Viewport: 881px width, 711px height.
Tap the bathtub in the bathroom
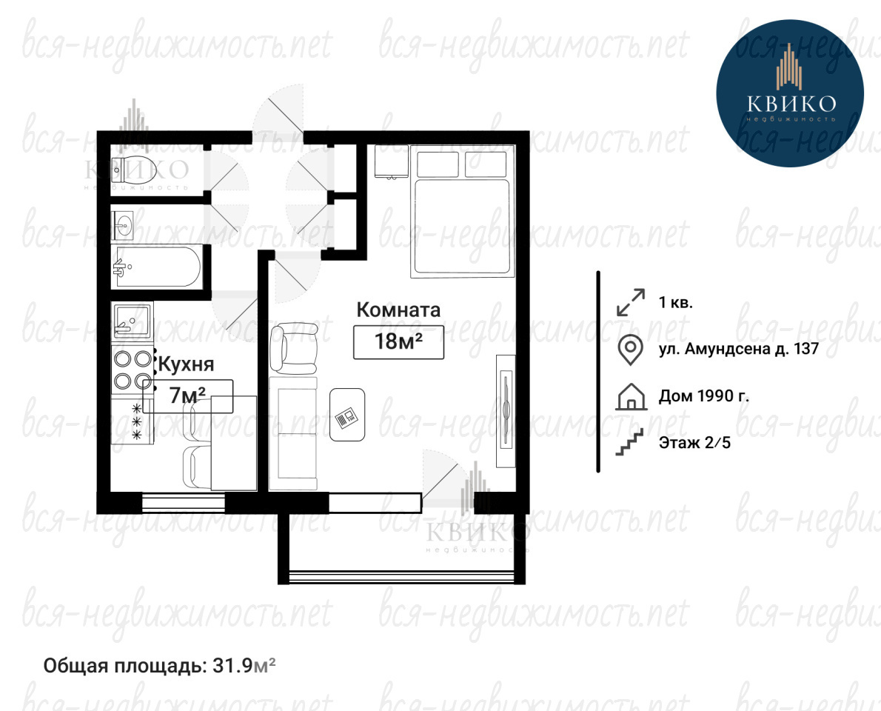(157, 266)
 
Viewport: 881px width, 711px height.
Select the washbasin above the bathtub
(122, 226)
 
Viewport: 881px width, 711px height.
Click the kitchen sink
(132, 322)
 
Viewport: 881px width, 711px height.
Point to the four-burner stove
(133, 370)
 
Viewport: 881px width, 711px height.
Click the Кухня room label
(186, 364)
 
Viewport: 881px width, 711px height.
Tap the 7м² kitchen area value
(187, 395)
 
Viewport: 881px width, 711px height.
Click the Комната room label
(398, 310)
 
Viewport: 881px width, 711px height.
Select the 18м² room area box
(398, 341)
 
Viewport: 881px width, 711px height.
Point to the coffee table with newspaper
(347, 415)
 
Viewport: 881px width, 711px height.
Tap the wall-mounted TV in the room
(506, 411)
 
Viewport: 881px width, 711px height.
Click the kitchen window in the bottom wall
(183, 502)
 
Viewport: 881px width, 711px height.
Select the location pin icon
(631, 350)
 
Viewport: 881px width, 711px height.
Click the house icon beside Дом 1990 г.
(631, 397)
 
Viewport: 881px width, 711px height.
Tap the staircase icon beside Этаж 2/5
(630, 442)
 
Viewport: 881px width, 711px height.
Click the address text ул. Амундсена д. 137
(739, 349)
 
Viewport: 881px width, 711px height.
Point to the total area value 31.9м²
(244, 666)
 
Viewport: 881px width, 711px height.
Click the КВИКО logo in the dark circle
(790, 93)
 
